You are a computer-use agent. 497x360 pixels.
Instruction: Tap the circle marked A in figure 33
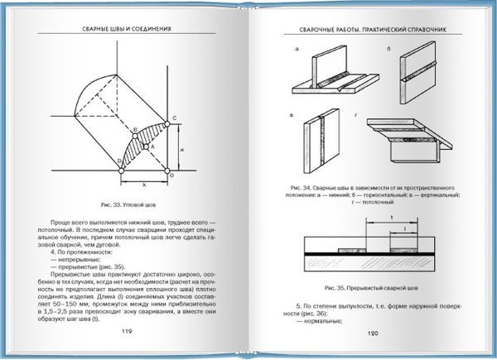click(x=142, y=145)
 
